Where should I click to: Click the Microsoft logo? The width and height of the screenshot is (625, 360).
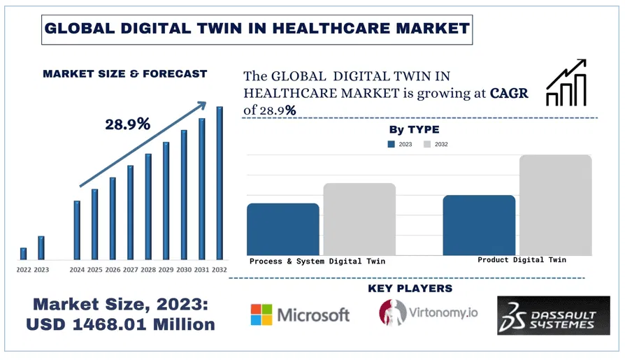[300, 315]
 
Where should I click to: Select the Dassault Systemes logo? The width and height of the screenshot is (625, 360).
[553, 315]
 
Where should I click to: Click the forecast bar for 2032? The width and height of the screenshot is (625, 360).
[220, 182]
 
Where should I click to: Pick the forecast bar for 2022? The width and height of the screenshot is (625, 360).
[23, 253]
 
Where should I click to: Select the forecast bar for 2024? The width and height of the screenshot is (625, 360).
[77, 229]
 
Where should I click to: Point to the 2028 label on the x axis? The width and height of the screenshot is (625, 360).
[148, 269]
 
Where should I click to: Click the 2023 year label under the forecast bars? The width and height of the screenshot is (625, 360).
[41, 269]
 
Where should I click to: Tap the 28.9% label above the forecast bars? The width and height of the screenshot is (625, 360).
[128, 124]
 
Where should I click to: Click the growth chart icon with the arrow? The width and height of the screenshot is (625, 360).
[565, 83]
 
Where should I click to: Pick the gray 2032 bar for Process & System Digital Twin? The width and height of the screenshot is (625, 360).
[359, 219]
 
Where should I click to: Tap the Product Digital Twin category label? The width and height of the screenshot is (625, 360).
[522, 260]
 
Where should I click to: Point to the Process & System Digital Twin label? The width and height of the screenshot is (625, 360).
[317, 261]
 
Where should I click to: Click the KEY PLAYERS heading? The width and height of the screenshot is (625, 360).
[410, 288]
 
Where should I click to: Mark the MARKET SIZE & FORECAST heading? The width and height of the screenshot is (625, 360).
[125, 73]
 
